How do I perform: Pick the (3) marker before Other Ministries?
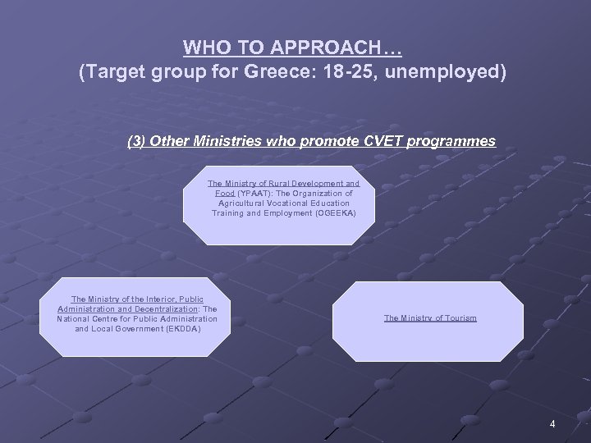[x=139, y=141]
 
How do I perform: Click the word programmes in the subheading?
[x=448, y=141]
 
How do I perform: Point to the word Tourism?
[x=460, y=317]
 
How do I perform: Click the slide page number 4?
[x=552, y=423]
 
